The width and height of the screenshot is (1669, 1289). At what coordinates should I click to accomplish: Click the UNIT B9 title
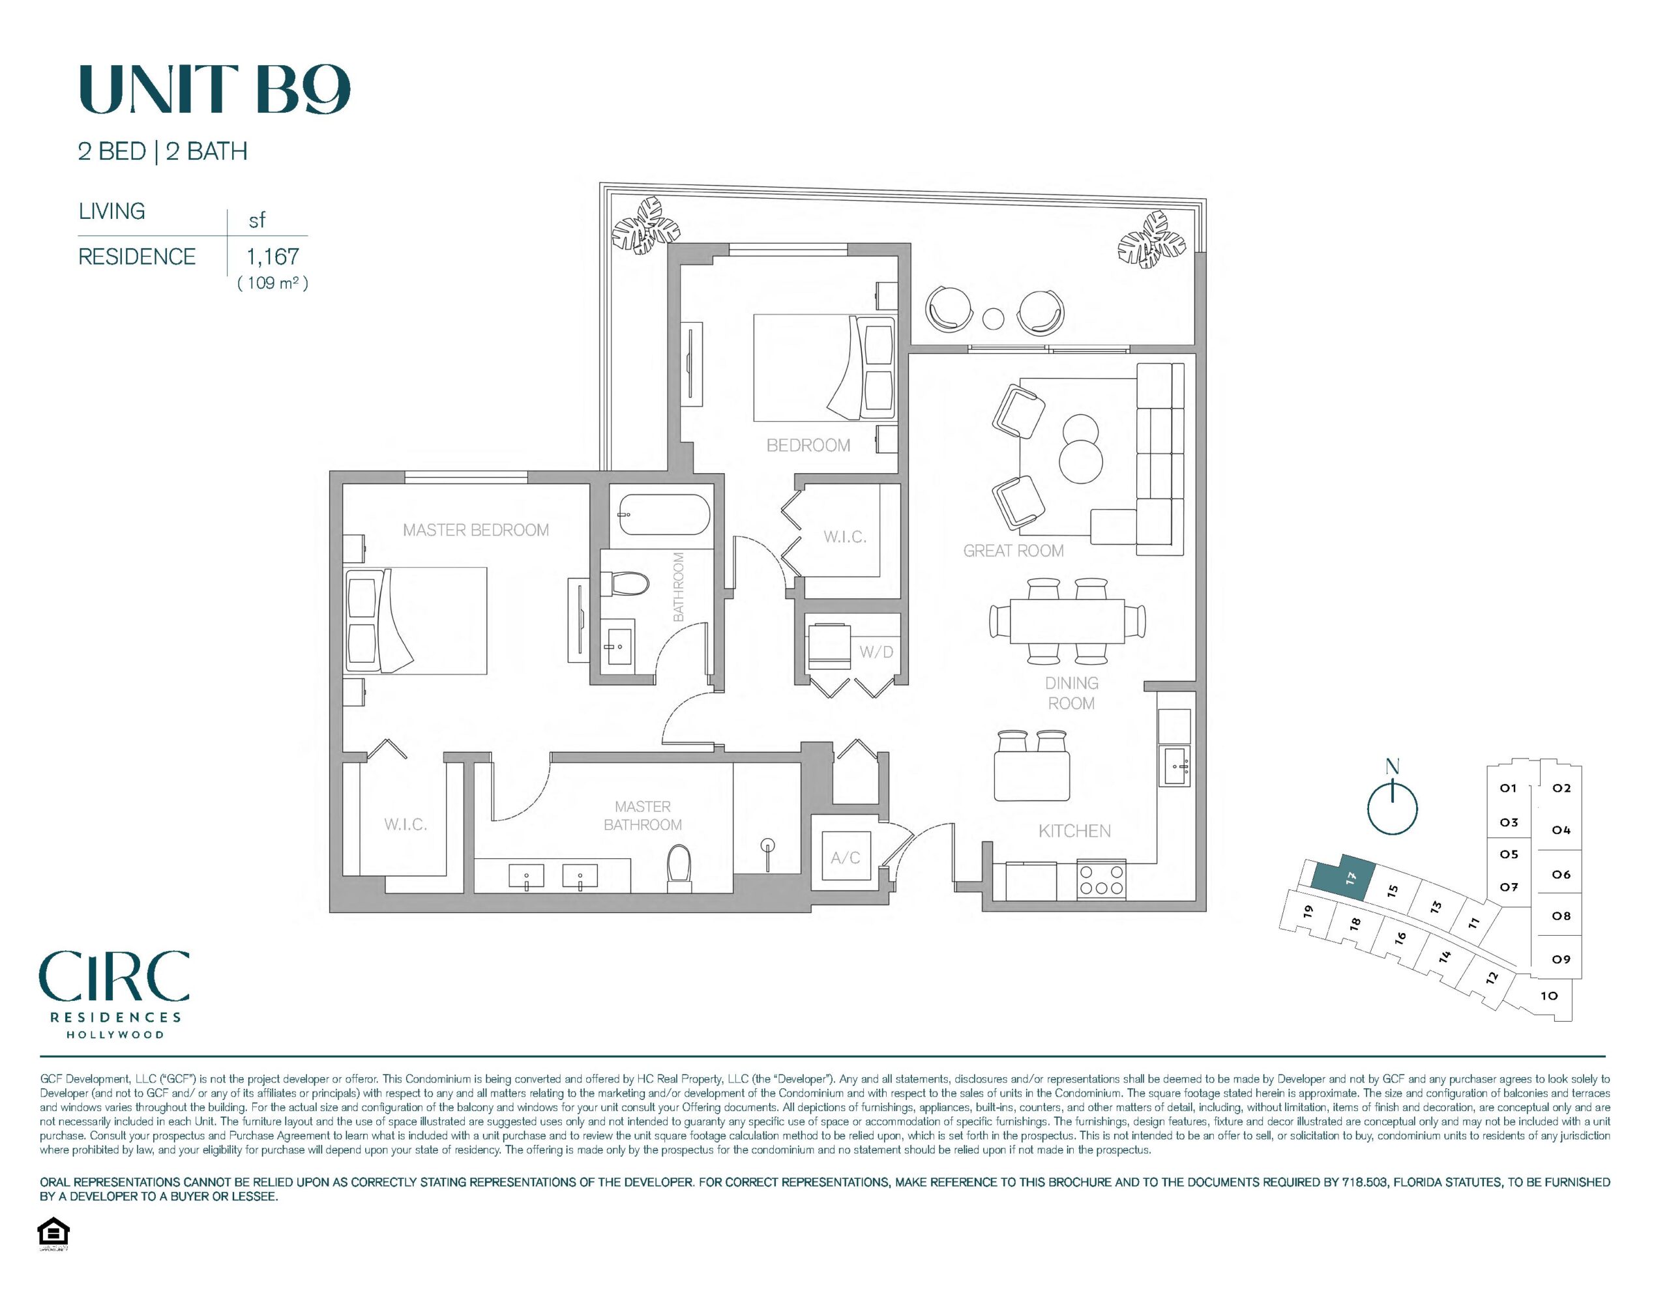[214, 89]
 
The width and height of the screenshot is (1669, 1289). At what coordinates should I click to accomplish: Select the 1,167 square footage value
[273, 257]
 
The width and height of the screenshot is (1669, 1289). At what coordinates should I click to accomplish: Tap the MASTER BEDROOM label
[475, 530]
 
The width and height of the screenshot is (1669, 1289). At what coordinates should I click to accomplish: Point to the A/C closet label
[845, 858]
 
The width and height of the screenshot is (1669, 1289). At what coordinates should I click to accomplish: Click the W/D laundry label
[876, 652]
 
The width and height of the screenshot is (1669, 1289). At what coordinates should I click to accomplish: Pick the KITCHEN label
[1074, 831]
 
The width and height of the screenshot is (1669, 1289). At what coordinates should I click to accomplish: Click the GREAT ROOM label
[1013, 550]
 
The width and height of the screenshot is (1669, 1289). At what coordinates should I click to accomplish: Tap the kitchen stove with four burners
[1101, 880]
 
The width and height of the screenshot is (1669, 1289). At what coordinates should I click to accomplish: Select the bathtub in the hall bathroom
[664, 517]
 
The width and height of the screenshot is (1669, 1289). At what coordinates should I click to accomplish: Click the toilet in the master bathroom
[679, 867]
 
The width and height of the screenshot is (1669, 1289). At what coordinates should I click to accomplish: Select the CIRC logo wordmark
[115, 976]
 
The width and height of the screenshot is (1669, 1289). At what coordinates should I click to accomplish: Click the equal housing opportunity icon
[53, 1232]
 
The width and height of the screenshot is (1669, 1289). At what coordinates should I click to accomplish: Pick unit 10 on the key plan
[1549, 996]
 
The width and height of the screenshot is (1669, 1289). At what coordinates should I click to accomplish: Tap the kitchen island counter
[1031, 775]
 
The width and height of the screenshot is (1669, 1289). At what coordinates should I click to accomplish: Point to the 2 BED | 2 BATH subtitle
[163, 151]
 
